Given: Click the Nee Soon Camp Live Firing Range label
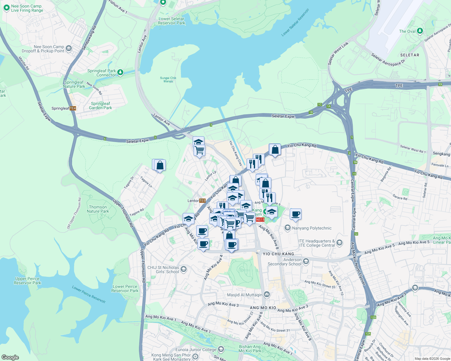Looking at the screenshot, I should (27, 8).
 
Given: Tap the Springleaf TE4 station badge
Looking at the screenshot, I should (73, 108).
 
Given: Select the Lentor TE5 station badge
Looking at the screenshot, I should (202, 201).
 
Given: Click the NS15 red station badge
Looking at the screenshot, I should (260, 220).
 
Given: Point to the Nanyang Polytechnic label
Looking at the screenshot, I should (312, 228).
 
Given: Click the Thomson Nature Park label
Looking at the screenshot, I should (98, 209).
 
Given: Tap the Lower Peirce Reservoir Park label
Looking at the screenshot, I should (125, 288).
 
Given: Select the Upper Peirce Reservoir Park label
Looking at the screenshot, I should (27, 281).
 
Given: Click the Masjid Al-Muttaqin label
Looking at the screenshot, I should (245, 295).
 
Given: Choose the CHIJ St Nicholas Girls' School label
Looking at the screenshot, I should (163, 270).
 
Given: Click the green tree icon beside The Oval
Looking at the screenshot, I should (420, 31).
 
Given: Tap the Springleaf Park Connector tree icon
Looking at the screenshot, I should (120, 72).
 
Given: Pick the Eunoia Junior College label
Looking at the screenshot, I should (196, 350).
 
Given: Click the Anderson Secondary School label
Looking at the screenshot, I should (284, 262).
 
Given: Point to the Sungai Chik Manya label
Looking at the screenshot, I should (168, 79).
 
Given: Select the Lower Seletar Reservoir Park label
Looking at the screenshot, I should (172, 21).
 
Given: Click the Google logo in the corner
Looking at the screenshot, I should (10, 357).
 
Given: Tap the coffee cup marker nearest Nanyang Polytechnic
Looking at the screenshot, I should (295, 214).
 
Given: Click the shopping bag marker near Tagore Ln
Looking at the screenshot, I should (160, 165).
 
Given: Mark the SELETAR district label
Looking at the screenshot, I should (410, 55).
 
